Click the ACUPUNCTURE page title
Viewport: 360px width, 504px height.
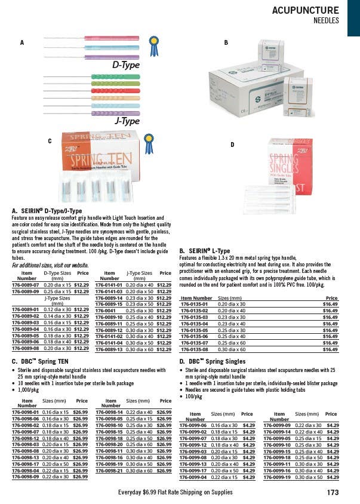tap(305, 10)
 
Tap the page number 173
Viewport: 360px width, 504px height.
tap(333, 493)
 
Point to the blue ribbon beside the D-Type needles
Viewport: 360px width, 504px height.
tap(155, 46)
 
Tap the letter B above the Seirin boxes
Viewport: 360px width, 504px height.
tap(226, 43)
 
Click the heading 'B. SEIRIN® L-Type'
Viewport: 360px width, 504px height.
tap(205, 251)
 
